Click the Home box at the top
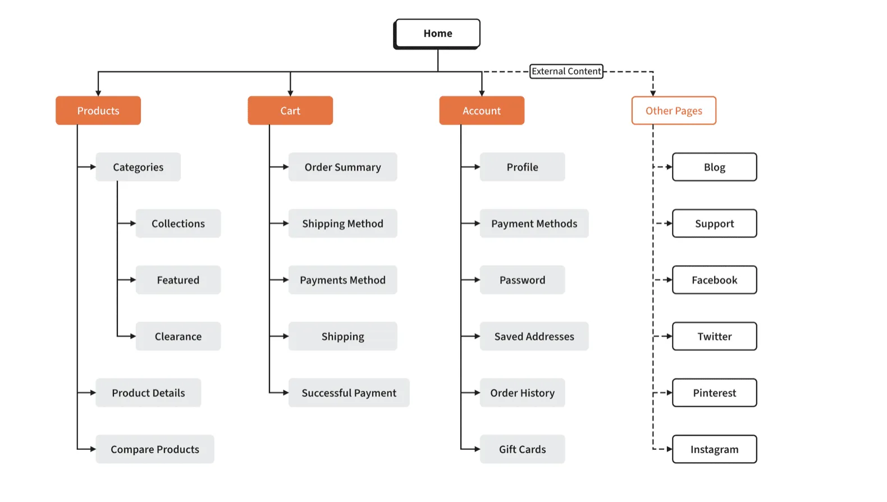pyautogui.click(x=437, y=33)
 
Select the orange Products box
pyautogui.click(x=98, y=111)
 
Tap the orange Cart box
pyautogui.click(x=290, y=111)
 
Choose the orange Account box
pyautogui.click(x=482, y=111)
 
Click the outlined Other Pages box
pyautogui.click(x=674, y=111)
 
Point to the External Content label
pyautogui.click(x=566, y=71)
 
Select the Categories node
pyautogui.click(x=138, y=167)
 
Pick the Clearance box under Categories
pyautogui.click(x=178, y=336)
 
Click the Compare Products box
pyautogui.click(x=155, y=449)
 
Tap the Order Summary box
pyautogui.click(x=342, y=167)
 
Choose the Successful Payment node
pyautogui.click(x=349, y=393)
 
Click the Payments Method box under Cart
pyautogui.click(x=342, y=280)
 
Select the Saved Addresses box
pyautogui.click(x=534, y=336)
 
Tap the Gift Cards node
pyautogui.click(x=522, y=449)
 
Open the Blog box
pyautogui.click(x=714, y=167)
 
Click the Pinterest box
pyautogui.click(x=714, y=393)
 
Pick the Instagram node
pyautogui.click(x=714, y=449)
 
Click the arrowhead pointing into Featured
pyautogui.click(x=132, y=280)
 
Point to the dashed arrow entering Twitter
pyautogui.click(x=668, y=336)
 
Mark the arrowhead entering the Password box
pyautogui.click(x=477, y=280)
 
